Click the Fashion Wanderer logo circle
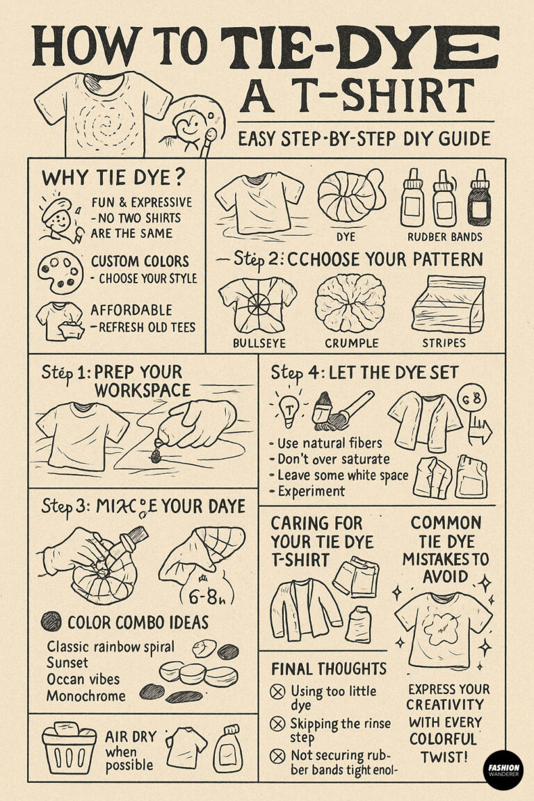tap(502, 770)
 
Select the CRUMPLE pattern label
tap(351, 343)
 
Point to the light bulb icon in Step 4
tap(288, 408)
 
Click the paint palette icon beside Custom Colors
tap(60, 273)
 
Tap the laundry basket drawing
tap(69, 745)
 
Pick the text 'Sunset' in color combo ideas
tap(67, 663)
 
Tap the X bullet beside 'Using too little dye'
tap(278, 692)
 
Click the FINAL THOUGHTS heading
tap(329, 669)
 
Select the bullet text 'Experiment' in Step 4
tap(311, 491)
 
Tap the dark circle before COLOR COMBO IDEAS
tap(51, 621)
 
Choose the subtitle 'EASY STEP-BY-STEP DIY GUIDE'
tap(364, 139)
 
